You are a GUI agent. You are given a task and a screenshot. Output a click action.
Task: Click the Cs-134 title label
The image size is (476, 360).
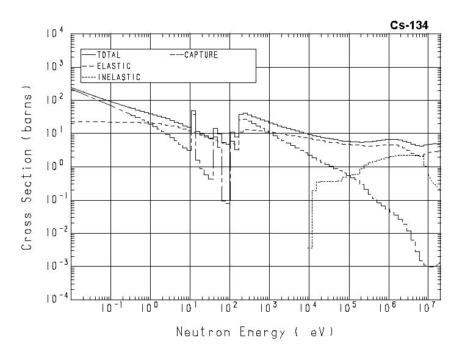(x=409, y=25)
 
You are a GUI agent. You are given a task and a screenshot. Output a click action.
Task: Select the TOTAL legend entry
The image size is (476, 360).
(x=109, y=55)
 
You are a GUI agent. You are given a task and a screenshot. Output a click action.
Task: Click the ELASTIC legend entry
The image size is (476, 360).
(x=114, y=66)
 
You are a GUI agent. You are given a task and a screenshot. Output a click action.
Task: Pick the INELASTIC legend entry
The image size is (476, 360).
(x=118, y=77)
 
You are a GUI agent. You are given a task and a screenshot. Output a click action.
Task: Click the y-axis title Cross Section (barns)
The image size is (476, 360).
(x=27, y=166)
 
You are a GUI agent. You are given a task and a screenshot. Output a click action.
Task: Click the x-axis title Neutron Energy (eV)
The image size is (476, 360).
(x=255, y=333)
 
